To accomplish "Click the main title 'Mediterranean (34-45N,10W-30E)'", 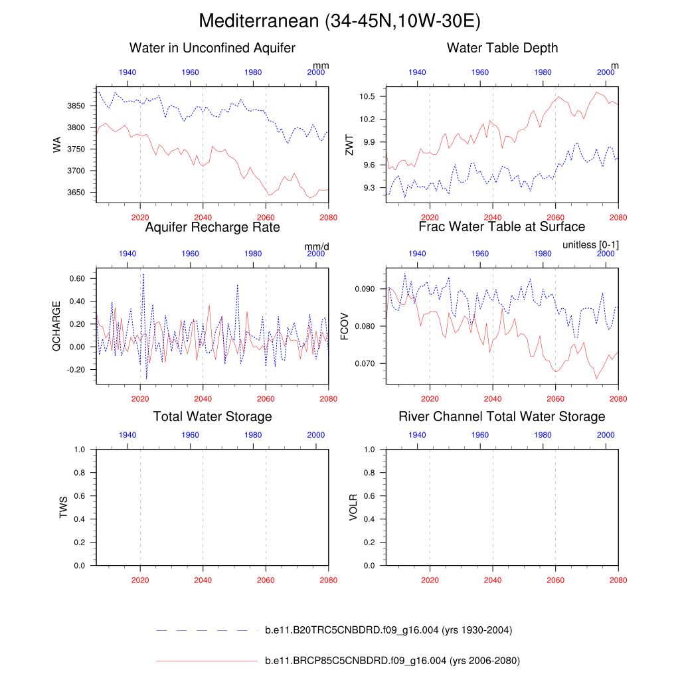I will (339, 21).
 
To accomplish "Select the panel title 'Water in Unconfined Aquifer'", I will (212, 48).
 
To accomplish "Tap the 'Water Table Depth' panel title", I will (502, 48).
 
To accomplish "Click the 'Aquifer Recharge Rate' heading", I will (212, 227).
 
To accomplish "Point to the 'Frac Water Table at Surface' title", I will (502, 227).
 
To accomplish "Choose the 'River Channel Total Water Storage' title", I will (502, 416).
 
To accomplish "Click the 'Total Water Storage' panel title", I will (212, 416).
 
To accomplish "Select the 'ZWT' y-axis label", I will (349, 144).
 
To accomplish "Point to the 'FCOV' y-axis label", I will (344, 325).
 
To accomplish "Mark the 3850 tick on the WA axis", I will (77, 106).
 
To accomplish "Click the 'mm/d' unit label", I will (317, 246).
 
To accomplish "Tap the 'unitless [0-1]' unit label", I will (590, 245).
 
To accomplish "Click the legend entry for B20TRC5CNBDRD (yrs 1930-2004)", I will (388, 630).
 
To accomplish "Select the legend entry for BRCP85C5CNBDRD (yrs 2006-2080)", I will (392, 661).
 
